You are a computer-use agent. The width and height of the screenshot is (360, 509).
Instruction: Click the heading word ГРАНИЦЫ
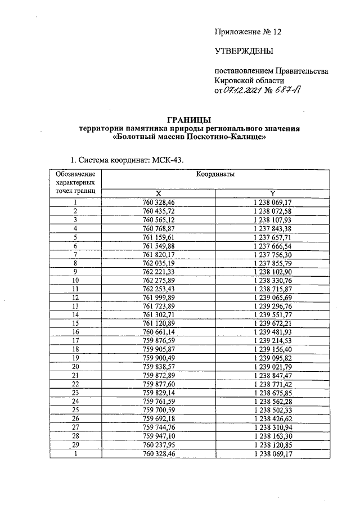pyautogui.click(x=190, y=119)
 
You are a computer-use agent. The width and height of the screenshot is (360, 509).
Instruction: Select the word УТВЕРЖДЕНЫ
pyautogui.click(x=244, y=52)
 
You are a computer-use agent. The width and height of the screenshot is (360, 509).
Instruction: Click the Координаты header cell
pyautogui.click(x=215, y=174)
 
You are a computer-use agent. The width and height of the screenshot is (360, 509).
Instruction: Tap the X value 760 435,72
pyautogui.click(x=159, y=210)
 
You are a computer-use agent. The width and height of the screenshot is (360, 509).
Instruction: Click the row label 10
pyautogui.click(x=75, y=280)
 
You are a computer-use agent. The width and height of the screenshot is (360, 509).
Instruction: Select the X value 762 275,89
pyautogui.click(x=159, y=280)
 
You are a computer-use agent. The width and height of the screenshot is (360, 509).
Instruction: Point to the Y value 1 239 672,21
pyautogui.click(x=272, y=323)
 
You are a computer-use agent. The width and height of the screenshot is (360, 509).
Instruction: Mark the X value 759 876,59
pyautogui.click(x=159, y=340)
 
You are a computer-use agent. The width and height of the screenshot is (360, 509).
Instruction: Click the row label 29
pyautogui.click(x=75, y=444)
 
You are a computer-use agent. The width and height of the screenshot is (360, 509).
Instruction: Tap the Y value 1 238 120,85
pyautogui.click(x=272, y=444)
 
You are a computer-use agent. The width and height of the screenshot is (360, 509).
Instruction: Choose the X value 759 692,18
pyautogui.click(x=159, y=418)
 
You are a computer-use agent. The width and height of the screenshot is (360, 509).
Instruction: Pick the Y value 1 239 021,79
pyautogui.click(x=272, y=366)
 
